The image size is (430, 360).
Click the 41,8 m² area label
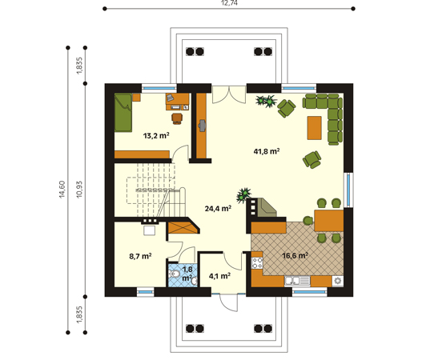[267, 151]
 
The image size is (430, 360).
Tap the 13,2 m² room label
[156, 135]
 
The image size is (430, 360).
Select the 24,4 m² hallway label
[218, 209]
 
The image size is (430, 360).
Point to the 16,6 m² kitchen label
[295, 256]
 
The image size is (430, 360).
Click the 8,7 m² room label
[140, 256]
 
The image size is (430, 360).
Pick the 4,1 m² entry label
[219, 276]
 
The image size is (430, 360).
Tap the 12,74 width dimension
[229, 3]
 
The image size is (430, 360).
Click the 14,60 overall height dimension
[62, 190]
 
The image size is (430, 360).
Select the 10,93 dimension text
[79, 190]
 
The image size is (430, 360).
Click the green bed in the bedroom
[123, 113]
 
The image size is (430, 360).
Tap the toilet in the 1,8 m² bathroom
[175, 274]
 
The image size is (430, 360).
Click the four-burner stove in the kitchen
[257, 262]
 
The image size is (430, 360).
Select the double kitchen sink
[297, 281]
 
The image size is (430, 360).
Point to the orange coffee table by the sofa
[314, 128]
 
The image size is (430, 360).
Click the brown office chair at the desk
[177, 118]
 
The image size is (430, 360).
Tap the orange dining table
[329, 221]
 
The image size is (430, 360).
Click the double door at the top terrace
[229, 94]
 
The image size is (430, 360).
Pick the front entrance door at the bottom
[228, 302]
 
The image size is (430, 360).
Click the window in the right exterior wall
[348, 190]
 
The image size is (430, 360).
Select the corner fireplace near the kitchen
[267, 207]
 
